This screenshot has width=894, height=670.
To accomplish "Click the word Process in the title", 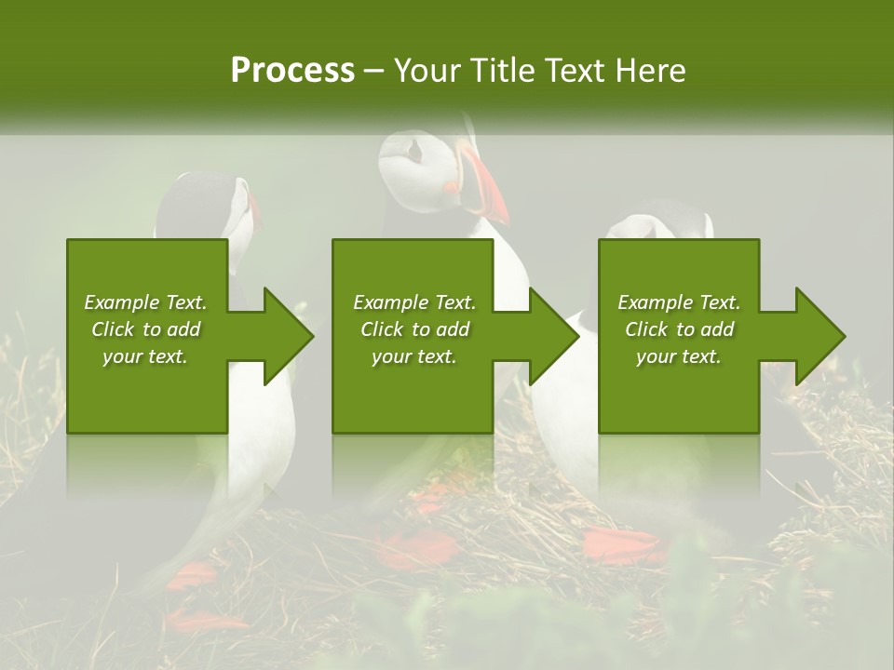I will coord(292,71).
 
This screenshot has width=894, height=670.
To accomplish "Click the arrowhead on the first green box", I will coord(287,336).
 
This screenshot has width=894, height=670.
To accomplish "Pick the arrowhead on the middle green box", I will coord(553,336).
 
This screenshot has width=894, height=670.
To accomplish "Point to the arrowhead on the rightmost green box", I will coord(819,336).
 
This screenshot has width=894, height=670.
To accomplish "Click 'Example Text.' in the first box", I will coord(145,302).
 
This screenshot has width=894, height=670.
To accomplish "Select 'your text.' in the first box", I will coord(145,356).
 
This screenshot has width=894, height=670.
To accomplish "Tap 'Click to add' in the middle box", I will coord(414,329).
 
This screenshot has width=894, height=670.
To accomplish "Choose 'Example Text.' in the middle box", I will coord(414,302).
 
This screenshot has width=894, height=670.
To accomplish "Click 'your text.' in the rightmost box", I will coord(679,356).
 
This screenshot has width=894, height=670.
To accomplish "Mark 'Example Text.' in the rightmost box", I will coord(679,302).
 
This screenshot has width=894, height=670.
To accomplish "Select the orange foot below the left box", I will coord(191,574).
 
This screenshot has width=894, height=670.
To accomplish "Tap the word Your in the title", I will coord(427,71).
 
